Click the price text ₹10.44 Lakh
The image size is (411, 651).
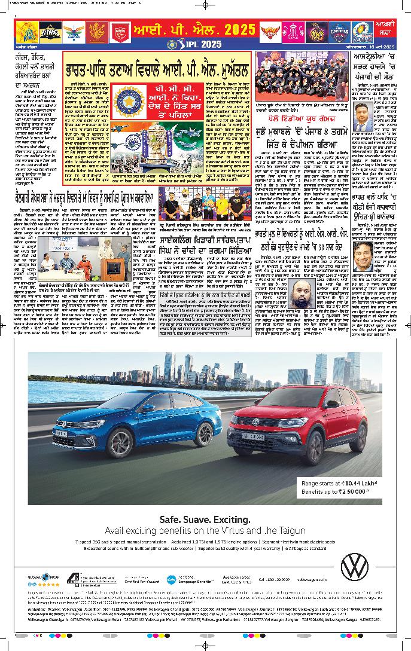346,482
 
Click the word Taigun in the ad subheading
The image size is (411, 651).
292,530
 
